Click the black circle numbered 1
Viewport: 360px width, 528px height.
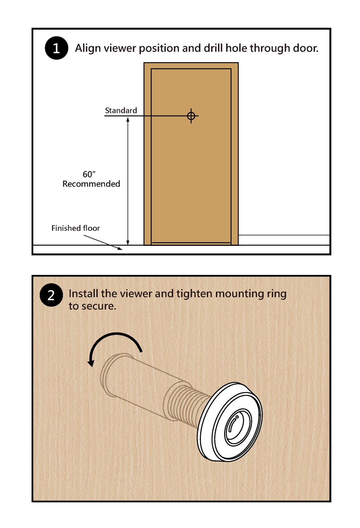[x=56, y=48]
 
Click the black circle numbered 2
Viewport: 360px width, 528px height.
[x=51, y=295]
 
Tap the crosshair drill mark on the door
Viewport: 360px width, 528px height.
[x=191, y=116]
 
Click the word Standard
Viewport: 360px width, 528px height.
[x=121, y=111]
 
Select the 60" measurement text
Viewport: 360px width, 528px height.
[x=89, y=174]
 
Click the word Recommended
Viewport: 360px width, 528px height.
[x=91, y=184]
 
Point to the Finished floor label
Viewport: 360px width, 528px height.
[x=75, y=228]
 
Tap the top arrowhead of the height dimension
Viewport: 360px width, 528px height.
[x=128, y=119]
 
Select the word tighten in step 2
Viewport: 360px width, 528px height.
[x=194, y=294]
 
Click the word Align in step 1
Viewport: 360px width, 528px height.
[x=88, y=48]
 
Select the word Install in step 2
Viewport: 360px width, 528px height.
[x=83, y=294]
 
